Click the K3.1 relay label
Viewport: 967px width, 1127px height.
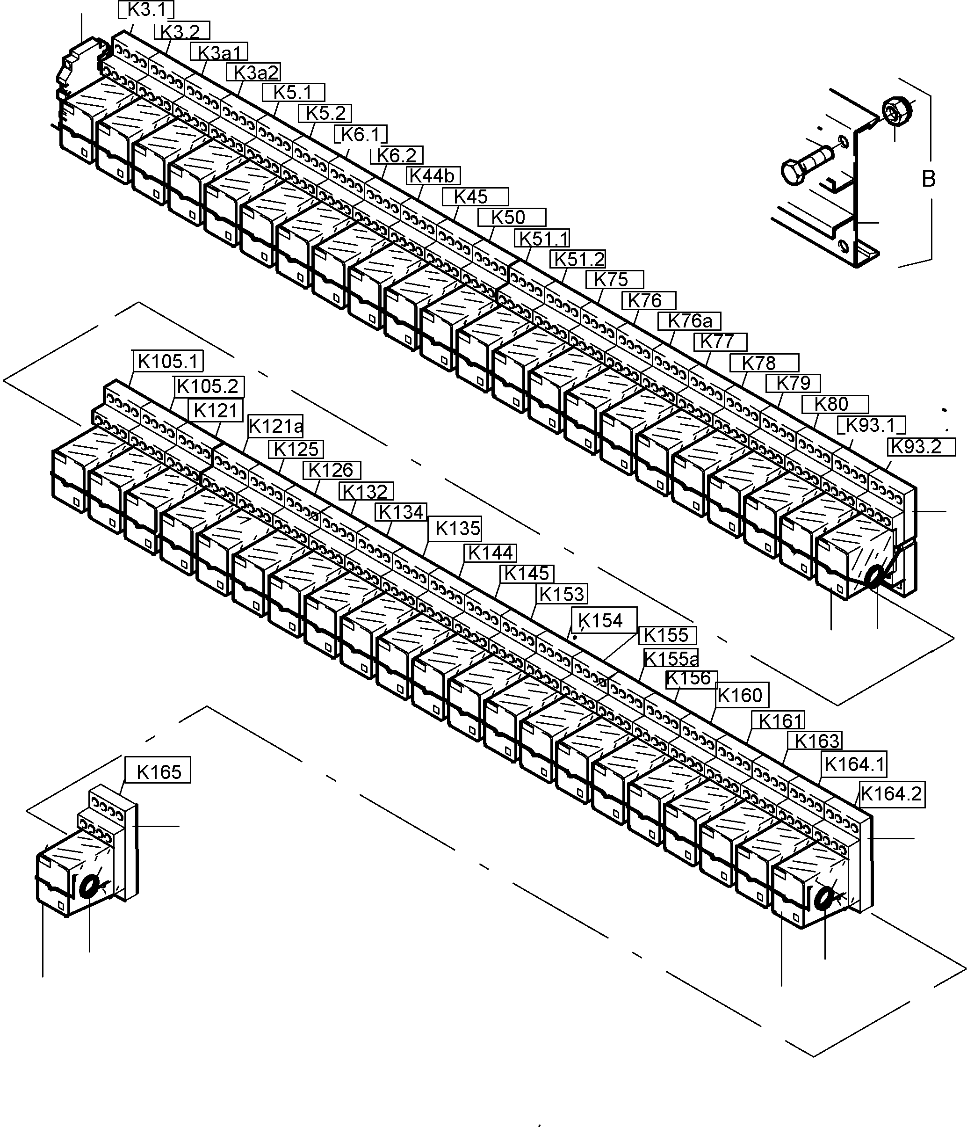[146, 10]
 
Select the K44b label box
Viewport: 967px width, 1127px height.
[433, 176]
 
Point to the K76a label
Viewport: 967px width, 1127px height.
[689, 321]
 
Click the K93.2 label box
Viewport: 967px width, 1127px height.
[921, 447]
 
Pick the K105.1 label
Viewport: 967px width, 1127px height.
[168, 361]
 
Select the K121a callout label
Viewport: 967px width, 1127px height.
[275, 426]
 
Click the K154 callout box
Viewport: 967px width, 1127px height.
[603, 620]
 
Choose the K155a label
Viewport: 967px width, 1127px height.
[671, 659]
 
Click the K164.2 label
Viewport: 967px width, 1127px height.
[891, 793]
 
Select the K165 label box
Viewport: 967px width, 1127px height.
[158, 771]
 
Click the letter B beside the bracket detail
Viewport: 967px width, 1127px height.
[928, 178]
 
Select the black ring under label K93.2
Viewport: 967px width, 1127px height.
[876, 576]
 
